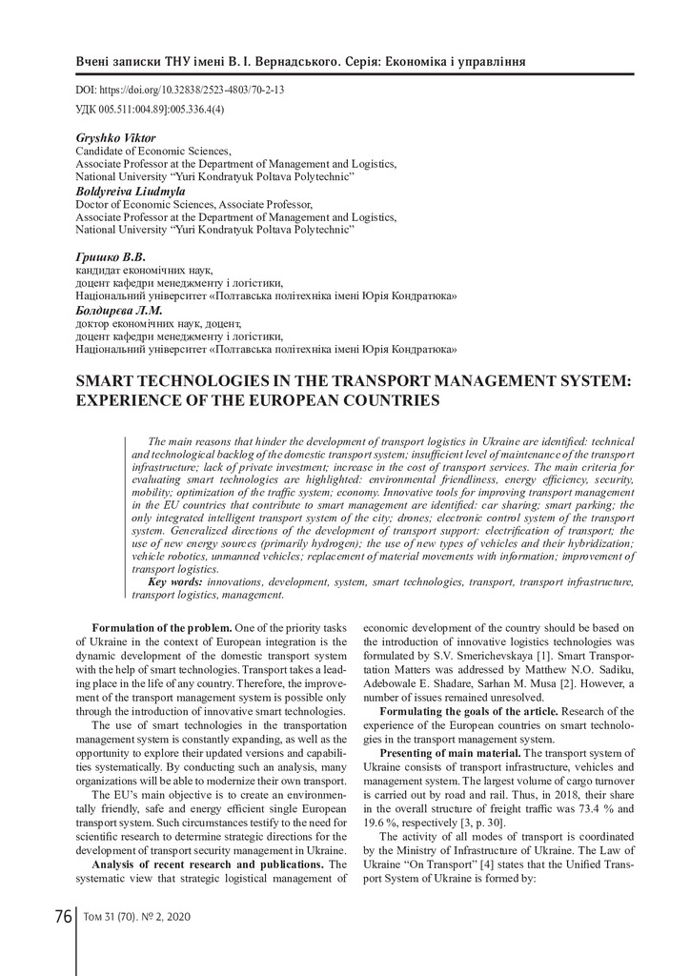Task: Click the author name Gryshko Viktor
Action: tap(115, 138)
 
